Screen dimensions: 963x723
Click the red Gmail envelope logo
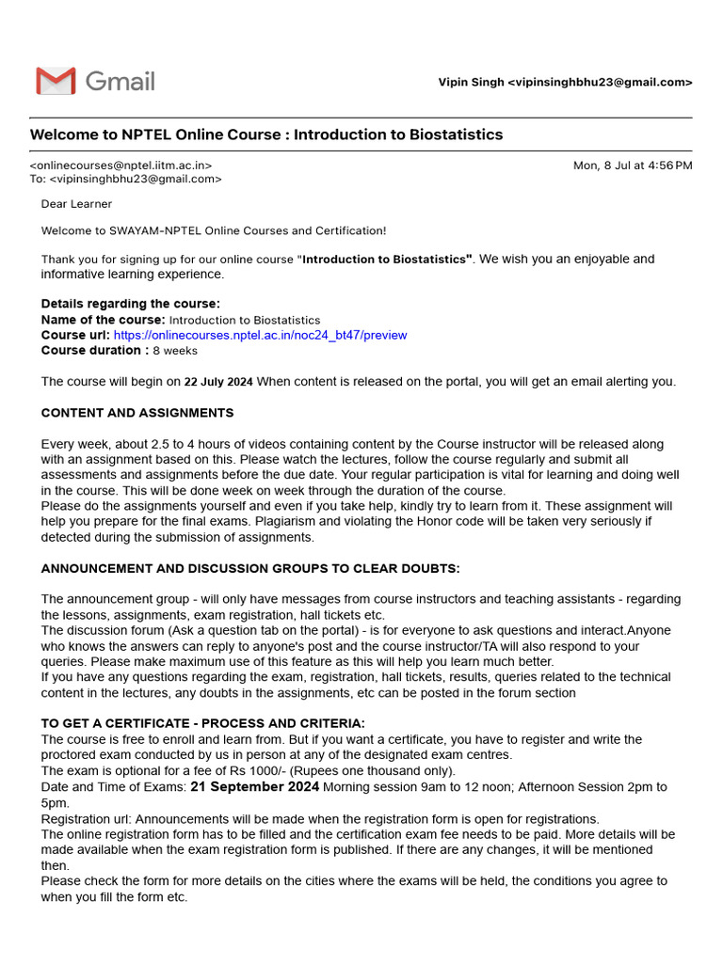pos(56,81)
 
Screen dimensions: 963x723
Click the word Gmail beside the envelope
pos(120,81)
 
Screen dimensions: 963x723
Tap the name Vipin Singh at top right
pos(471,83)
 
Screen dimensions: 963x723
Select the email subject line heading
pos(266,134)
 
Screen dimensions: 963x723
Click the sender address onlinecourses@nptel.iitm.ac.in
pos(120,166)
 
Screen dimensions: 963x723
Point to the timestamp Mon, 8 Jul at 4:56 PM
pos(633,166)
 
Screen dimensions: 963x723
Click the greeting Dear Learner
pos(76,204)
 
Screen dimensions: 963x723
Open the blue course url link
pos(260,335)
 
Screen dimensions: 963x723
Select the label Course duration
pos(94,350)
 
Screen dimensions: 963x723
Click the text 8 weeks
pos(175,351)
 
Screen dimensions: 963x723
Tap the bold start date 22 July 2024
pos(218,382)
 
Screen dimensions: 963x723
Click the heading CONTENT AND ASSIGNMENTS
pos(137,413)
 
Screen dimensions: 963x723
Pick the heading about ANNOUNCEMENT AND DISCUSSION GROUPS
pos(250,569)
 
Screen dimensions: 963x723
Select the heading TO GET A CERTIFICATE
pos(202,724)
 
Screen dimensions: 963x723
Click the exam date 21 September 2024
pos(254,786)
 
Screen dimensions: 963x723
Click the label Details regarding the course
pos(130,304)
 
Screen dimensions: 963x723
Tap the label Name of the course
pos(104,320)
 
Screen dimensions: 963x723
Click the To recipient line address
pos(136,179)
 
